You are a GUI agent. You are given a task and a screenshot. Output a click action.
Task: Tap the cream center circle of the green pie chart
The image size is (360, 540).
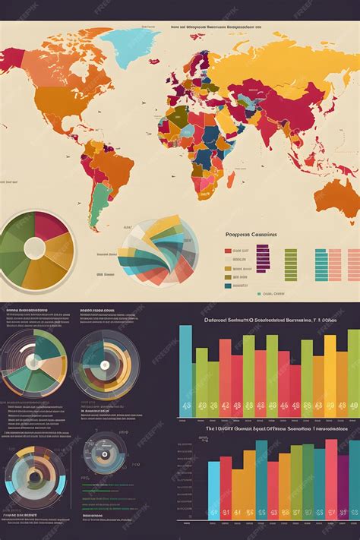35,248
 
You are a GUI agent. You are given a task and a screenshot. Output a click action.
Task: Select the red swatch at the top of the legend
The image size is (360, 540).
228,251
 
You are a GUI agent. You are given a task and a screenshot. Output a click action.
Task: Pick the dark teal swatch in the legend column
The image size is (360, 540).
228,278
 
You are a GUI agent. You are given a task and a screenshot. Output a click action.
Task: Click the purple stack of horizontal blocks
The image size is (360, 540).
262,259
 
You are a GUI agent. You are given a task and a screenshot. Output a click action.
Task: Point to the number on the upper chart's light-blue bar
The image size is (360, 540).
185,406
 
